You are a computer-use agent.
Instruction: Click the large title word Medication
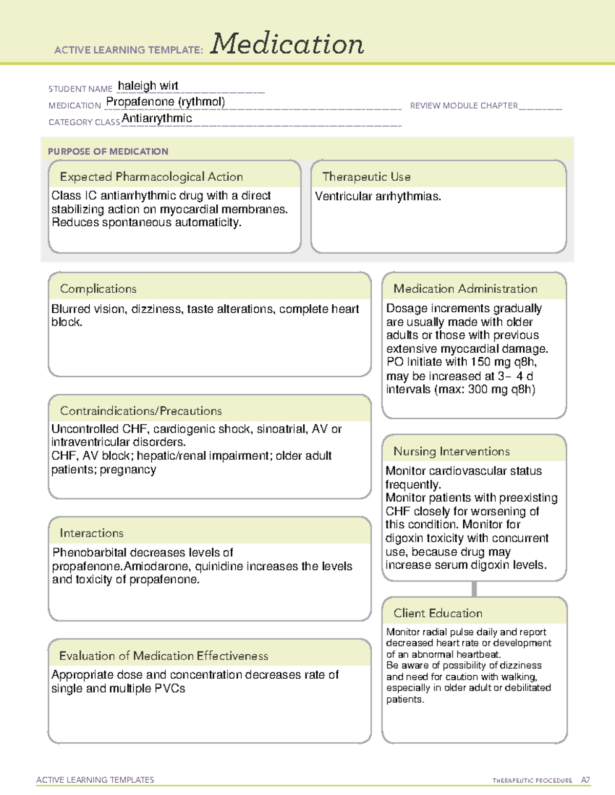point(287,44)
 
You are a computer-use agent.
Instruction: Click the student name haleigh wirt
point(148,86)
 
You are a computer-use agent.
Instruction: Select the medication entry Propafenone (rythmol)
point(165,102)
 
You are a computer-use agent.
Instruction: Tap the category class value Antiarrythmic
point(157,118)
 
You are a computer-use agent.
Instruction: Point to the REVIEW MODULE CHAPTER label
point(463,105)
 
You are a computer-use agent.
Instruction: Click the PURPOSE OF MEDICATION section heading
point(108,152)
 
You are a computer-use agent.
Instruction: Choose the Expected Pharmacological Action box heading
point(151,177)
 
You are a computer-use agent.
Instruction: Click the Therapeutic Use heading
point(366,177)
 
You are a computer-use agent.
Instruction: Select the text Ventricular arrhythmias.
point(378,197)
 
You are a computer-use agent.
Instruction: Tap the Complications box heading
point(98,289)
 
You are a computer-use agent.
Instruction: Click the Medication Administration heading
point(465,289)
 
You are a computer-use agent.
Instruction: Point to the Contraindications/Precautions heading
point(140,411)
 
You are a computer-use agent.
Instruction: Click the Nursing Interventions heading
point(451,451)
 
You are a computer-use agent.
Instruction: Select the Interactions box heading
point(91,533)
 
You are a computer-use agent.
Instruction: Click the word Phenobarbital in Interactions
point(89,553)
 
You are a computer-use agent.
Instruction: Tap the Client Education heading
point(438,613)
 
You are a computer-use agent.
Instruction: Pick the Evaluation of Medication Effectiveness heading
point(163,656)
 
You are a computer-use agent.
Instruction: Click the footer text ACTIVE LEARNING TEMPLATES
point(95,780)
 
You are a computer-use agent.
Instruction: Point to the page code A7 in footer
point(585,780)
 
